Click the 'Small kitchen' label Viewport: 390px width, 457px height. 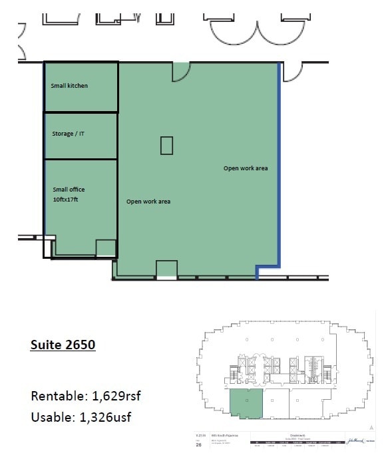click(x=69, y=86)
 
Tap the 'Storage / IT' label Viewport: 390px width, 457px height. click(x=68, y=134)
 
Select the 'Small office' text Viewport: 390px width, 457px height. click(x=69, y=190)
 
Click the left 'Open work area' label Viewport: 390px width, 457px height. click(x=148, y=201)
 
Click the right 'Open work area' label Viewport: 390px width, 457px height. click(x=245, y=168)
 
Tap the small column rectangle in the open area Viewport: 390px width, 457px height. click(x=166, y=145)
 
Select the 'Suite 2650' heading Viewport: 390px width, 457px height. click(x=63, y=345)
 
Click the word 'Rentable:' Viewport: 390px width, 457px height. click(x=56, y=396)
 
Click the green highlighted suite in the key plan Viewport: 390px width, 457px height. click(x=246, y=404)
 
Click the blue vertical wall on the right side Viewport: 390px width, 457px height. click(x=279, y=166)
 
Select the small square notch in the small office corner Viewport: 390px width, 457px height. click(x=105, y=248)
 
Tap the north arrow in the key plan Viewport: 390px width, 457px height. click(x=370, y=426)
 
